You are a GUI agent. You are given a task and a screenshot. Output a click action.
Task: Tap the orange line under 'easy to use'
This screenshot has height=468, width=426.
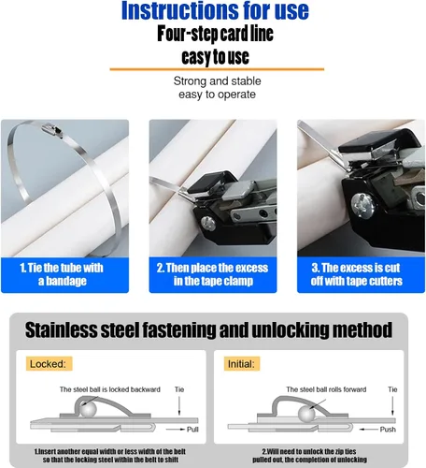pos(217,69)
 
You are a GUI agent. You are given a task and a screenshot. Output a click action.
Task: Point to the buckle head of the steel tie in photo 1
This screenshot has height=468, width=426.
pos(52,129)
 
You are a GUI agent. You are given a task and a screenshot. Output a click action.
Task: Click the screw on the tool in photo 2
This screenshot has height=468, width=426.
pos(207,223)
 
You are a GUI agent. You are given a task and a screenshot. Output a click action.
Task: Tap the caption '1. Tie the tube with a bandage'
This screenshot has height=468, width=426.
pos(62,274)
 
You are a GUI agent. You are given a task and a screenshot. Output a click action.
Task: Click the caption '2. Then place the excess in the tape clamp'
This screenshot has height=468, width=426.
pos(213,274)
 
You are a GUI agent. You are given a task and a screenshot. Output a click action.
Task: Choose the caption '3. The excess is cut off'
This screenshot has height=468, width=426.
pos(356,274)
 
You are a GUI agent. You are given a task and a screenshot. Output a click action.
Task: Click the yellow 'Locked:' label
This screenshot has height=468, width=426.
pos(49,364)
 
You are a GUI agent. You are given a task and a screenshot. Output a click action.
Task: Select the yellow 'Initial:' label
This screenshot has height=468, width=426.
pos(242,364)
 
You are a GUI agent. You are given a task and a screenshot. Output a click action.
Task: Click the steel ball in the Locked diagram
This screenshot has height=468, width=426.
pos(88,409)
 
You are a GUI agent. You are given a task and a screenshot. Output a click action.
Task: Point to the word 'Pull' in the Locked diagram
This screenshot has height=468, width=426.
pos(192,430)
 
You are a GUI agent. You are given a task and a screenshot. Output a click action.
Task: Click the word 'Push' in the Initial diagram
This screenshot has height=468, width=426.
pos(388,430)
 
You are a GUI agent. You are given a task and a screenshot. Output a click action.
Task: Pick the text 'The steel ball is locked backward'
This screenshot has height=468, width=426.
pos(110,389)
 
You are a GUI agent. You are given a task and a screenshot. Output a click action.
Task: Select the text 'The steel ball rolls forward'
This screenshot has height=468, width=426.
pos(326,389)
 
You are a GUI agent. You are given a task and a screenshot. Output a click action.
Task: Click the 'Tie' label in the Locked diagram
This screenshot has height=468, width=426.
pos(179,389)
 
